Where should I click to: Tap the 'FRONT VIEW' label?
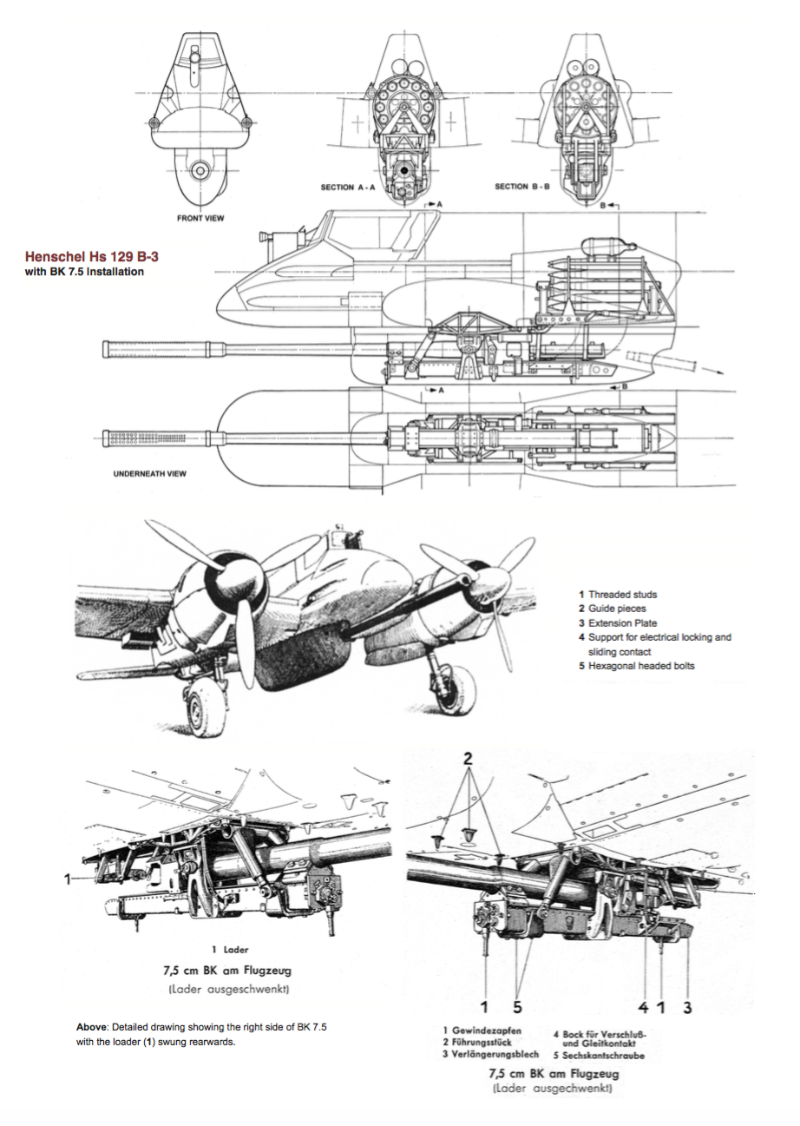(x=200, y=218)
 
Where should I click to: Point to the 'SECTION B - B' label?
(x=523, y=187)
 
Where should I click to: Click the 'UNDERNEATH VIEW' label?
(x=151, y=475)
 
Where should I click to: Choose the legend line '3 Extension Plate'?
(x=622, y=622)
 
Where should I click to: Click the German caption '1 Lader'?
(x=230, y=950)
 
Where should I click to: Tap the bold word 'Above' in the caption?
(x=91, y=1027)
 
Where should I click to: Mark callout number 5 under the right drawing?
(x=517, y=1006)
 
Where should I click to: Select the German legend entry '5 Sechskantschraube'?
(x=599, y=1055)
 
